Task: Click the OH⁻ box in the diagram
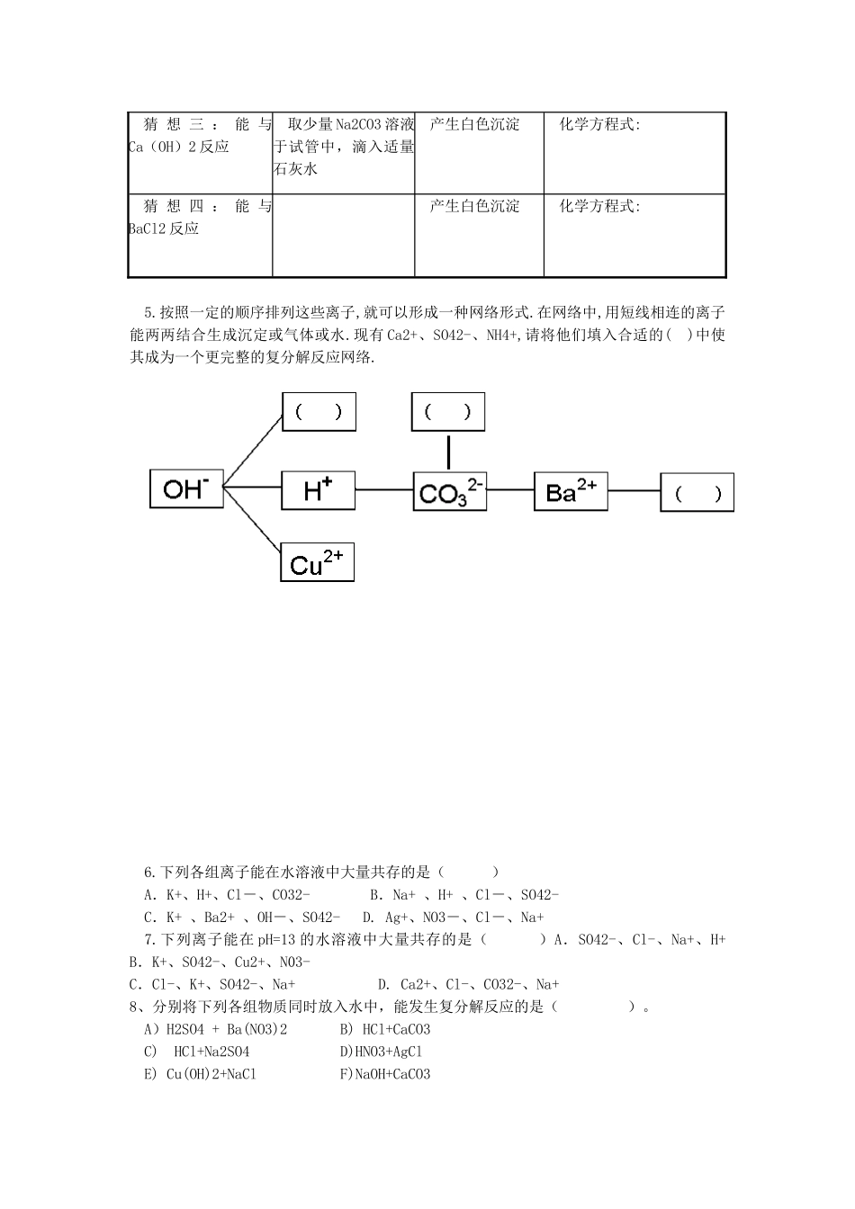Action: (x=186, y=488)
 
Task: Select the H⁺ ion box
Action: (x=319, y=490)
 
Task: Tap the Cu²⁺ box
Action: (x=317, y=562)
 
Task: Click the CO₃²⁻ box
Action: (x=450, y=492)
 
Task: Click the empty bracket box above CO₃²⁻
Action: (x=448, y=412)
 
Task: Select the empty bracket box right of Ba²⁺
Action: (x=697, y=493)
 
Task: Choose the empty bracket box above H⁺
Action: (x=319, y=412)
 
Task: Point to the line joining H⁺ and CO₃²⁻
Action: (x=384, y=490)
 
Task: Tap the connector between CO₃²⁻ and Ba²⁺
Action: (x=510, y=490)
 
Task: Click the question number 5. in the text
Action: (x=150, y=313)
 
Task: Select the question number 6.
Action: (x=150, y=872)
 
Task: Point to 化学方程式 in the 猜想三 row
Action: (x=599, y=125)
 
